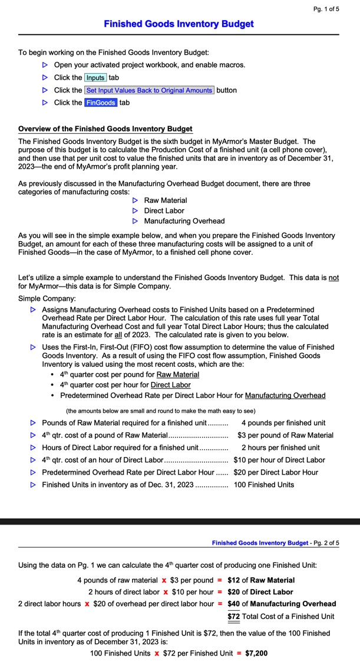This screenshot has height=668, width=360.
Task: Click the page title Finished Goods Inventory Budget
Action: tap(179, 24)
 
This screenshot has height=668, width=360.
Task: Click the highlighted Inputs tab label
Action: tap(95, 78)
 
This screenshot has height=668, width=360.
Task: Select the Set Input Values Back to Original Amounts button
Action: tap(148, 90)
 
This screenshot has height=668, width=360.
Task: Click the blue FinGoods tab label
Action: tap(100, 103)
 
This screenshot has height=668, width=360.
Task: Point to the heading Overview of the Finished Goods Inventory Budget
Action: tap(105, 129)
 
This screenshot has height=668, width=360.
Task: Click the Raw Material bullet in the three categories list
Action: tap(165, 200)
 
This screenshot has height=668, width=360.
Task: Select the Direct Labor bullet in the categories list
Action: tap(164, 210)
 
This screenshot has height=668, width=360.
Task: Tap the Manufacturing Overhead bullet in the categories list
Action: tap(184, 221)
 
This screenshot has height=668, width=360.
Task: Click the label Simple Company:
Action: tap(47, 298)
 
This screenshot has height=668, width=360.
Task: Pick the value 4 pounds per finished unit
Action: tap(283, 423)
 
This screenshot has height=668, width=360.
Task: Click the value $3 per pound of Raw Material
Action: tap(285, 435)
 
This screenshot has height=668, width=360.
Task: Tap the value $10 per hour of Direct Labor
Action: tap(279, 460)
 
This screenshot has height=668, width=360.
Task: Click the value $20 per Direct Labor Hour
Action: tap(275, 472)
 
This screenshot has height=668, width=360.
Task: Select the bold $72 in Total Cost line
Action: tap(233, 617)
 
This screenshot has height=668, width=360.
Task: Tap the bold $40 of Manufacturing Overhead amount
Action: tap(233, 604)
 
